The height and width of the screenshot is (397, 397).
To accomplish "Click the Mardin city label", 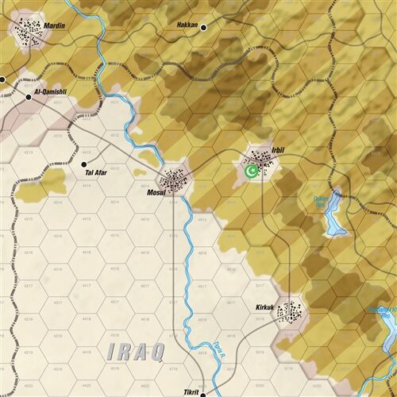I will (x=55, y=26).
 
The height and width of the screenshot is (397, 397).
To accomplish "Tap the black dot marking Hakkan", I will (x=203, y=27).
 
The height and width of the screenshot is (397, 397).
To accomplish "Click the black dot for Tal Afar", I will (x=83, y=164).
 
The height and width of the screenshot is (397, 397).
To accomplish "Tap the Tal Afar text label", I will (x=98, y=172).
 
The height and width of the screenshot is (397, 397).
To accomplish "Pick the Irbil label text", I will (x=277, y=149).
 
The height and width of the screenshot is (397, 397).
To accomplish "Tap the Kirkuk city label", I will (x=264, y=306).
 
